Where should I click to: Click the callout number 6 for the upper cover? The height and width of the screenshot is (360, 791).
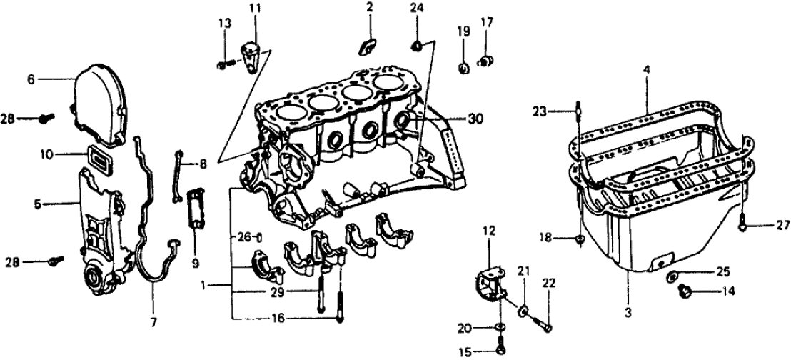pyautogui.click(x=31, y=80)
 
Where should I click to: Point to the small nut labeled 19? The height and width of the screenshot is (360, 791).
pyautogui.click(x=463, y=69)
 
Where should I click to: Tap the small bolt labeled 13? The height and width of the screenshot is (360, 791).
pyautogui.click(x=221, y=66)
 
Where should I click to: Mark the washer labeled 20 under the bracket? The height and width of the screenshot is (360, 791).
pyautogui.click(x=500, y=328)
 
